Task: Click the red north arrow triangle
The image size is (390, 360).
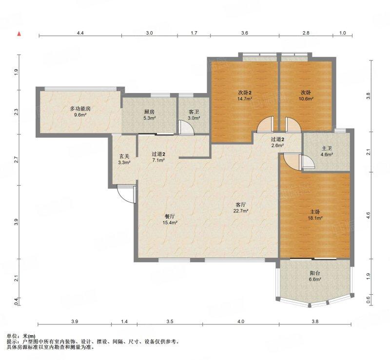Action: coord(19,34)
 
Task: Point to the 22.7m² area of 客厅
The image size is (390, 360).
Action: coord(241,211)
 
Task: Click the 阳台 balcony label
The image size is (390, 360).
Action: coord(315,273)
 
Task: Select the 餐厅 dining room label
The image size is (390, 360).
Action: coord(170,216)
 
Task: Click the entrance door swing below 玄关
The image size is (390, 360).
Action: coord(126,194)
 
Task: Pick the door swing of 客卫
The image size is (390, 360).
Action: coord(186,128)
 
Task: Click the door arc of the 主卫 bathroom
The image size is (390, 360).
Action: coord(308,162)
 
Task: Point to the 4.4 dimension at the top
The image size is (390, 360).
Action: coord(80,33)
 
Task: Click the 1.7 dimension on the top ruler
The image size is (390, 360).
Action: coord(194,33)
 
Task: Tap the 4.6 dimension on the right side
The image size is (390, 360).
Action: coord(369,214)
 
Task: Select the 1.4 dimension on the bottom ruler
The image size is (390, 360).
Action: coord(124,322)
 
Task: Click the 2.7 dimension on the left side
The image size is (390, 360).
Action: coord(16,159)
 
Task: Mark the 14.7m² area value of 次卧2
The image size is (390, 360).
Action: coord(245,98)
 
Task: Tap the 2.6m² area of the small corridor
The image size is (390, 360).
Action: coord(277,146)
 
